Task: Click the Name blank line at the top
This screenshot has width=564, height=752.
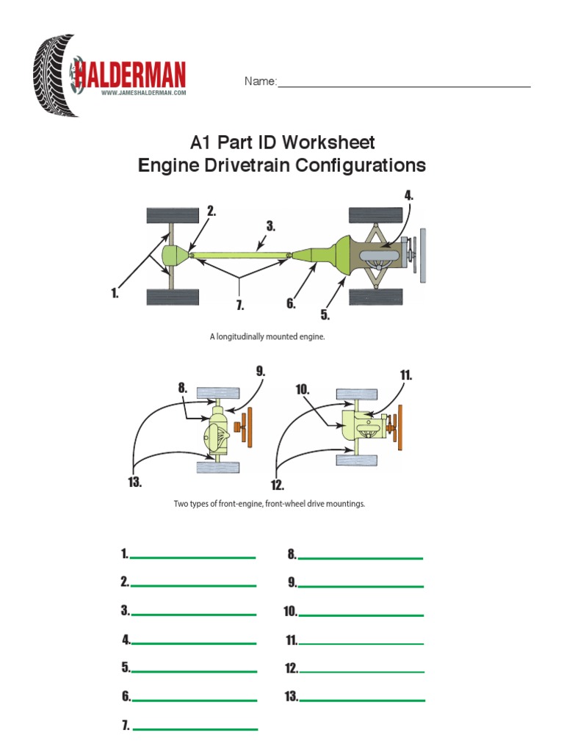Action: [403, 85]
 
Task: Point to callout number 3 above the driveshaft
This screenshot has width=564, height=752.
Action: [270, 227]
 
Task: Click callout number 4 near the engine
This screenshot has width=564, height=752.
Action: [408, 195]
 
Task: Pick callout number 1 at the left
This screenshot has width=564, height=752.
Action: [115, 293]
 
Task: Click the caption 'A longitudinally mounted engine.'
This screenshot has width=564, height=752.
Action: [267, 337]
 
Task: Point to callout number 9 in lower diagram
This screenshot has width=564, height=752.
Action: [260, 372]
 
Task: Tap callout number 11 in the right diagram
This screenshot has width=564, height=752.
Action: [405, 375]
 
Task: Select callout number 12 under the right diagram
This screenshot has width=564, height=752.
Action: [276, 485]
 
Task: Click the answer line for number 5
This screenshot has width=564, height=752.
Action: [194, 670]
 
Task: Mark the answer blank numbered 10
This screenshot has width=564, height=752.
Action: [361, 613]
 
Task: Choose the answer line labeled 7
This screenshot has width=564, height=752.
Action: [195, 728]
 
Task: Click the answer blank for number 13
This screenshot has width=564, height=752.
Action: [362, 698]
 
